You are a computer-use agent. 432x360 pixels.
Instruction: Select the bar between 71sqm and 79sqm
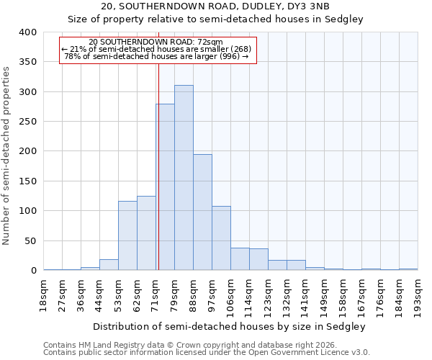(165, 187)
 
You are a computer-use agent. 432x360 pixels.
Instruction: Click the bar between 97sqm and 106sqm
(221, 238)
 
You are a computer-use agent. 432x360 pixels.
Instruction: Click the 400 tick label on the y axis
(27, 32)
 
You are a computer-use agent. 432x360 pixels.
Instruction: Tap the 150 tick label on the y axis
(27, 181)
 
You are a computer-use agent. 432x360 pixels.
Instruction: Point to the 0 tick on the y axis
(33, 271)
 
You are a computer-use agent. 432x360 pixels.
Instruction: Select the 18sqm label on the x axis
(44, 294)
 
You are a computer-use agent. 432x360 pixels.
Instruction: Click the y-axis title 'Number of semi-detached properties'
(7, 155)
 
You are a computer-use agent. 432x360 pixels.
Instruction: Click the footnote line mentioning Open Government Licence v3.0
(206, 353)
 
